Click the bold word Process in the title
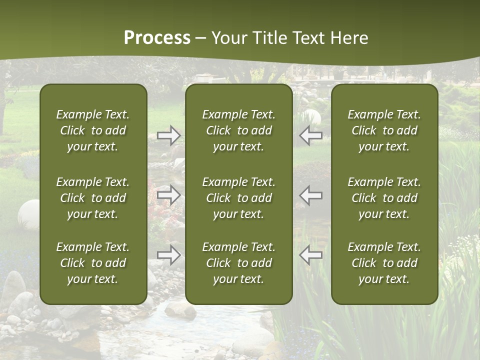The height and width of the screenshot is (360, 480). [157, 38]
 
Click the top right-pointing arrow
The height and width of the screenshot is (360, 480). [169, 135]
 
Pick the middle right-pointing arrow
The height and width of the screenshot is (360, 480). [169, 195]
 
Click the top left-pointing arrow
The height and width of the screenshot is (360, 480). [311, 135]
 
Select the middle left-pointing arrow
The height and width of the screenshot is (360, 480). [311, 195]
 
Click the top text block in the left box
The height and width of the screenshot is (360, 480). [93, 130]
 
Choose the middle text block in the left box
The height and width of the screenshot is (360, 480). [93, 198]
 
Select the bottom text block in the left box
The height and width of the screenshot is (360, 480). [93, 263]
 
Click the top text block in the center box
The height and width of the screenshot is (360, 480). [238, 130]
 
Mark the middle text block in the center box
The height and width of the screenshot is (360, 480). [238, 198]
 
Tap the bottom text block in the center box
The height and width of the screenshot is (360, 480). [238, 263]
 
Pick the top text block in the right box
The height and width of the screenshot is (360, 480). [384, 130]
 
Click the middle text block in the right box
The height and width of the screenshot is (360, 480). [384, 198]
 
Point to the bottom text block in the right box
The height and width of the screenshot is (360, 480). [384, 263]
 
